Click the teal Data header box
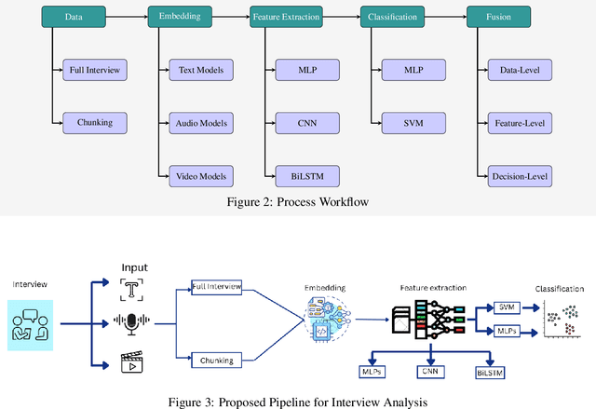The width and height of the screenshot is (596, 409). click(73, 17)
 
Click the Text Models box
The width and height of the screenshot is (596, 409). click(201, 69)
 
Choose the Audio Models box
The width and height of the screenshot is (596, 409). click(201, 122)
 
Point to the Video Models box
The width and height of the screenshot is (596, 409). click(201, 175)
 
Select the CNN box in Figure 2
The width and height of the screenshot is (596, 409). click(307, 122)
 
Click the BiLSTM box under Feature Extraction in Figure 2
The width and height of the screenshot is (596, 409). click(307, 175)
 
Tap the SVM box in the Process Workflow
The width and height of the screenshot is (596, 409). click(413, 122)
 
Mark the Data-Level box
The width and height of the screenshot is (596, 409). click(520, 69)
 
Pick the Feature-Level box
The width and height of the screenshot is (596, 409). click(520, 122)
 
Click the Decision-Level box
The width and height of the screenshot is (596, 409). click(520, 175)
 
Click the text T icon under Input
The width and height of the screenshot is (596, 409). click(135, 289)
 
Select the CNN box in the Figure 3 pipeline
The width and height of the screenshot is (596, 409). click(429, 372)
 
